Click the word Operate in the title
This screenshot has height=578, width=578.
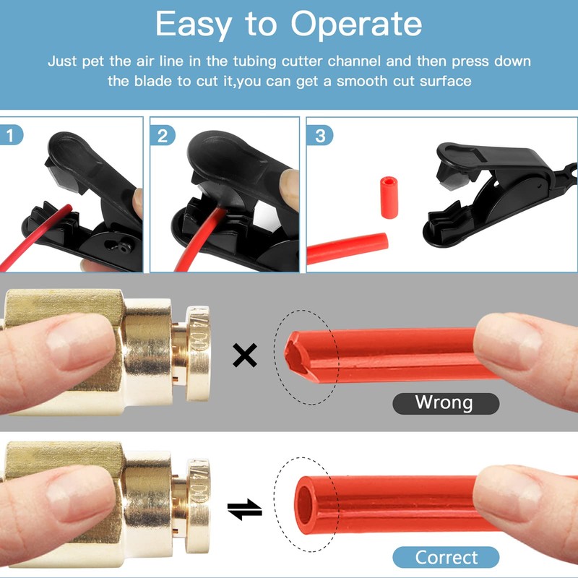click(357, 25)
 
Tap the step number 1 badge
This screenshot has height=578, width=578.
click(10, 134)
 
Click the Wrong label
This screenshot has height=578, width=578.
click(444, 402)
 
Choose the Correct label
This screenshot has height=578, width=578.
click(446, 557)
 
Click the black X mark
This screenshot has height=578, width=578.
click(246, 355)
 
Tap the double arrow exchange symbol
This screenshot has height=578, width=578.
click(244, 509)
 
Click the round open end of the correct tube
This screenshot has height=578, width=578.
click(307, 499)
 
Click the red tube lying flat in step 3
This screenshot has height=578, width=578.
click(347, 246)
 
